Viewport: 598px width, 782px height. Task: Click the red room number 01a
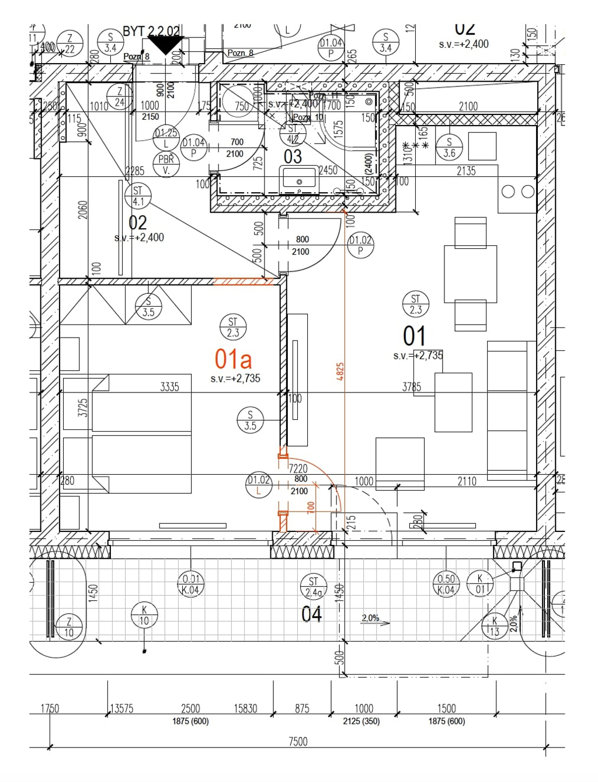point(233,359)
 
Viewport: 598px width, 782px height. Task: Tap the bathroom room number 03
point(293,157)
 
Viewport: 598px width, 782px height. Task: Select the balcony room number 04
point(311,614)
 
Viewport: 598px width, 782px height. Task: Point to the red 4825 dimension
point(340,372)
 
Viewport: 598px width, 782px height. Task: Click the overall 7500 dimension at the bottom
point(298,741)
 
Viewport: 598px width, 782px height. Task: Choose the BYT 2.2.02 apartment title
point(151,32)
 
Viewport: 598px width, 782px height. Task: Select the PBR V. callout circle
point(166,165)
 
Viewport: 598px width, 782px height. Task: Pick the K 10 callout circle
point(144,616)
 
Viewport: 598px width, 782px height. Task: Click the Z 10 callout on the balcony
point(69,627)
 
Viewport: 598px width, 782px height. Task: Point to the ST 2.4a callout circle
point(314,587)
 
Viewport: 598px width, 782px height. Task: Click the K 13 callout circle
point(495,626)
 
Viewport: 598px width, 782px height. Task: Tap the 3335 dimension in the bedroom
point(169,387)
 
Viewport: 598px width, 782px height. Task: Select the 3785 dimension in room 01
point(412,387)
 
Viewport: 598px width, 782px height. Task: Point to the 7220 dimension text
point(298,468)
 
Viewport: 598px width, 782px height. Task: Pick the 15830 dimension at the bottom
point(245,708)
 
